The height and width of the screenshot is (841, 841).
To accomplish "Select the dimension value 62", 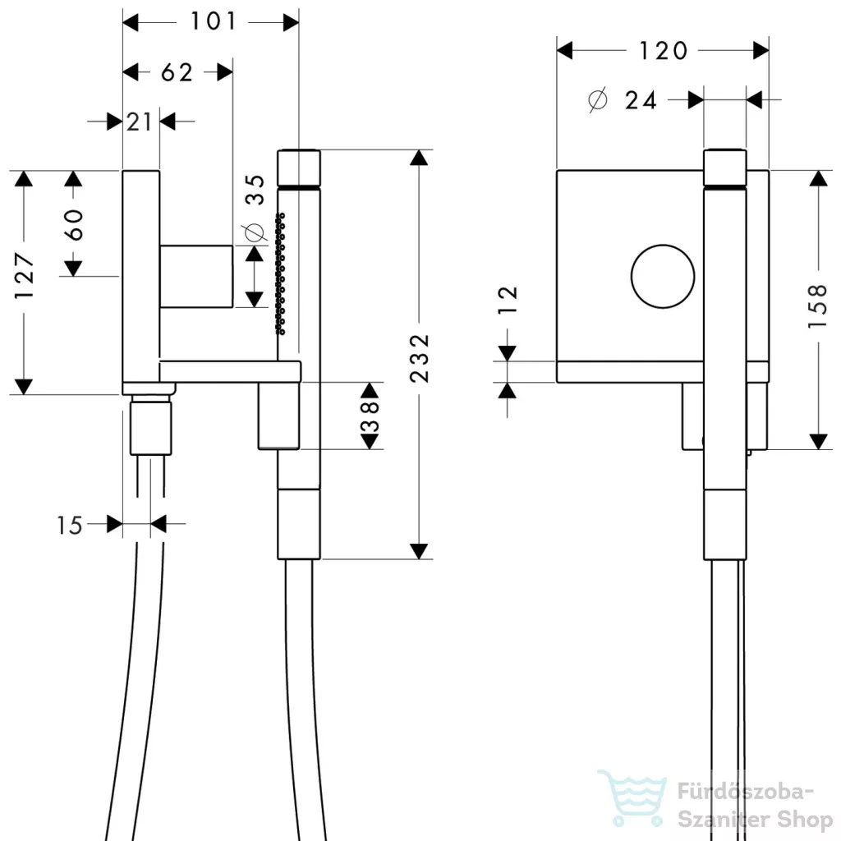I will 176,72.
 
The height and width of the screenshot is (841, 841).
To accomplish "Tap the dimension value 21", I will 140,122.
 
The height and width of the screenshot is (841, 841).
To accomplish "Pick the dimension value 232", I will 420,356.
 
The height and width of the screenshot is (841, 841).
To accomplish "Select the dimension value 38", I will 370,416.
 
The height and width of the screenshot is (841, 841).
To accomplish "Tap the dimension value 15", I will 71,525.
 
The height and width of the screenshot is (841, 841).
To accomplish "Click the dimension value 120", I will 664,51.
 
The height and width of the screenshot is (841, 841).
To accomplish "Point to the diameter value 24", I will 641,100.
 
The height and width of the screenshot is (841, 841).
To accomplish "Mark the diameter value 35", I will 255,191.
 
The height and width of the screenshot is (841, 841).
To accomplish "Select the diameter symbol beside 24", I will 598,99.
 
